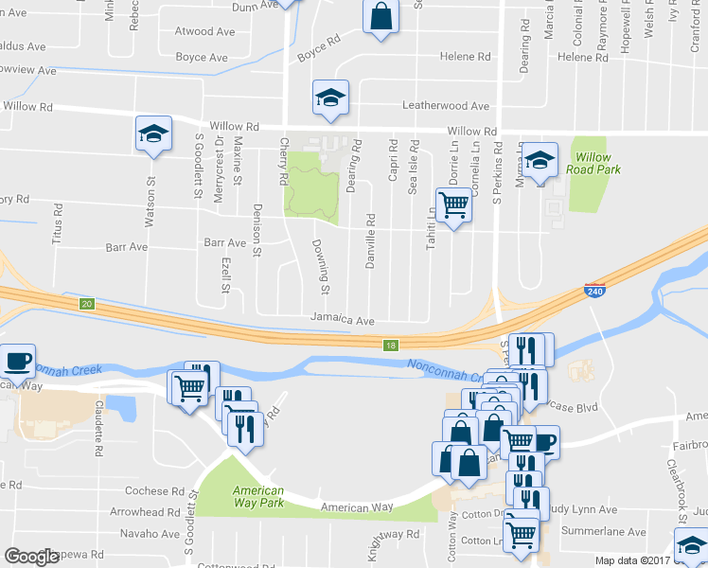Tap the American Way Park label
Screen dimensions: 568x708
coord(258,496)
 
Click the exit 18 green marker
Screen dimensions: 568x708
coord(391,346)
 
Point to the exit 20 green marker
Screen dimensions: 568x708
coord(87,303)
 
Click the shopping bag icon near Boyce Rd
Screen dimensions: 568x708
coord(380,17)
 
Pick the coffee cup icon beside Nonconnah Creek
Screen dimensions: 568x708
coord(17,361)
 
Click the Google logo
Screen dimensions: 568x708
coord(31,556)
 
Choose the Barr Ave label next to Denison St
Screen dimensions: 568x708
coord(224,243)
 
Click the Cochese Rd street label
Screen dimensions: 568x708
coord(155,491)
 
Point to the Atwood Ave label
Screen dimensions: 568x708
coord(204,31)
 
